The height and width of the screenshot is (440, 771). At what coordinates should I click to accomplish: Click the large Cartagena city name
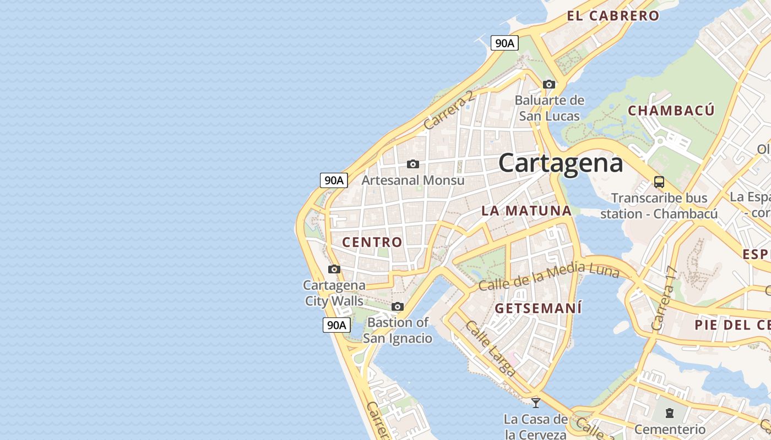coord(561,163)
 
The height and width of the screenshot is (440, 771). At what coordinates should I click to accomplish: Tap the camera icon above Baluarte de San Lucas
coord(549,84)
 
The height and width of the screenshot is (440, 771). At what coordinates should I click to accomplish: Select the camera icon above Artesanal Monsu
coord(412,164)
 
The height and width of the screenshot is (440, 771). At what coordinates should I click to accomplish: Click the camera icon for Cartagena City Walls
coord(334,269)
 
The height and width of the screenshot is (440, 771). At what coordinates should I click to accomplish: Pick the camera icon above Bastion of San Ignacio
coord(398,306)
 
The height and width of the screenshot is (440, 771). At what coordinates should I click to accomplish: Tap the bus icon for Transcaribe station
coord(659,182)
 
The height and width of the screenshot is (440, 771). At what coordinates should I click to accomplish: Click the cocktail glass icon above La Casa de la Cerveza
coord(535,403)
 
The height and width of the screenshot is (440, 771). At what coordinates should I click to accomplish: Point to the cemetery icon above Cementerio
coord(670,413)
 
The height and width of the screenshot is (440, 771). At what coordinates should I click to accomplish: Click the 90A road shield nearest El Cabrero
coord(504,43)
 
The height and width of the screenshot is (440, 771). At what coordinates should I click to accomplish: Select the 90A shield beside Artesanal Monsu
coord(334,180)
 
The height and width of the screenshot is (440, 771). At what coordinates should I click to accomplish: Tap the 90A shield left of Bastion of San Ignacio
coord(336,325)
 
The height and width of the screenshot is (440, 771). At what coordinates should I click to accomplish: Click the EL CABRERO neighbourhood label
coord(613,16)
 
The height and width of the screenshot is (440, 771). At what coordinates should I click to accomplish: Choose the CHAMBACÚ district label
coord(671,111)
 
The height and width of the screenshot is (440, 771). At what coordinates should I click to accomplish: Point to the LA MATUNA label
coord(526,211)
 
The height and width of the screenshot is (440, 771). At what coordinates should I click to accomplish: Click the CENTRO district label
coord(372,242)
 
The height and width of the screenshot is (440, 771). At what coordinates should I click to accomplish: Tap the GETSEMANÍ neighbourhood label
coord(538,309)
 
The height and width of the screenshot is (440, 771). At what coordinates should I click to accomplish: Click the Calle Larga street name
coord(491,348)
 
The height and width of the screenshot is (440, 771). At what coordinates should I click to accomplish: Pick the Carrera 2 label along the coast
coord(448,111)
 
